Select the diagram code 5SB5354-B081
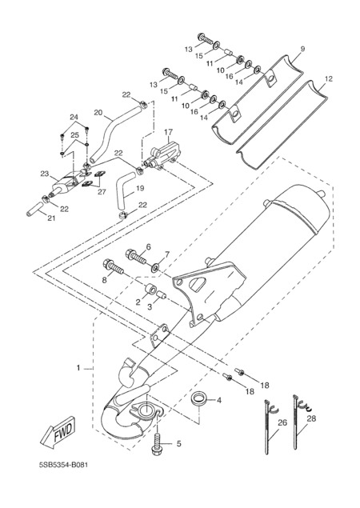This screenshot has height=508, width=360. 63,466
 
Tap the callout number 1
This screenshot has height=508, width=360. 78,368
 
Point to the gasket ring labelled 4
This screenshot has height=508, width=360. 198,398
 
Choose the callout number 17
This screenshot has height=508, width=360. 169,132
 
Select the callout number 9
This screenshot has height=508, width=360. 302,49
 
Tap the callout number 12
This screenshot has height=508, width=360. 329,79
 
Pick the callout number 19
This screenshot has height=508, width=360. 140,188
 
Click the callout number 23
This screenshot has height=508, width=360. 44,174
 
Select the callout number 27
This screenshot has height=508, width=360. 102,192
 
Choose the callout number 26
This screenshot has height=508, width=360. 282,422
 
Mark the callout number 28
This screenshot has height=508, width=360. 311,418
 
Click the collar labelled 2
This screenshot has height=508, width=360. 150,289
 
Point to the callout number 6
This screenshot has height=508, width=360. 149,247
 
